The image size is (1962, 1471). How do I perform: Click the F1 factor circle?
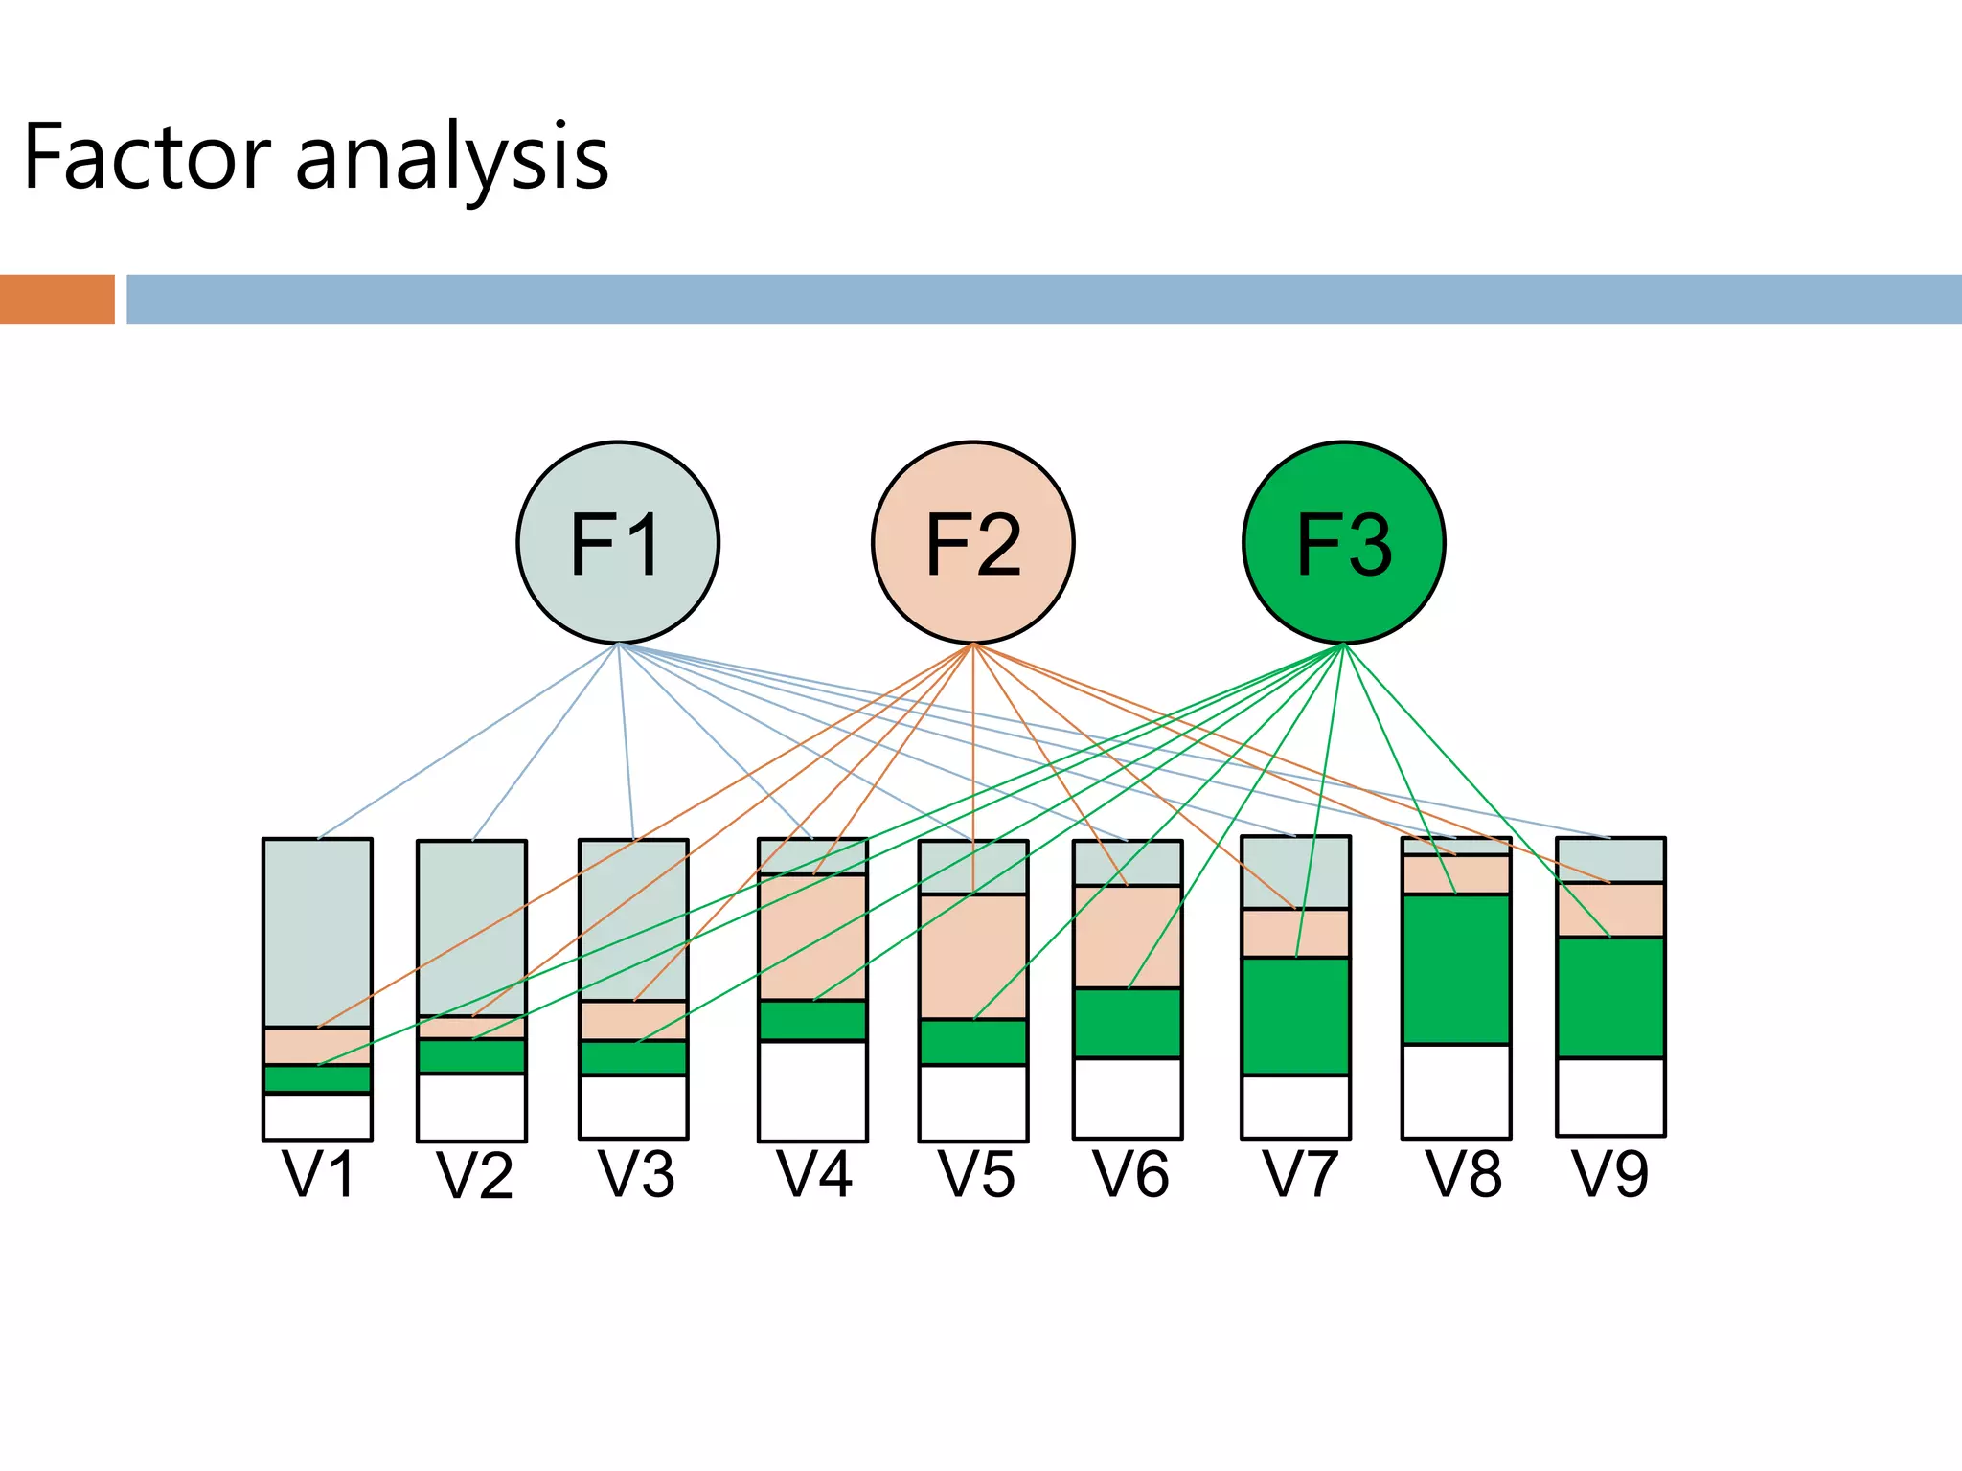point(618,542)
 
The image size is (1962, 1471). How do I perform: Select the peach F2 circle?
point(972,542)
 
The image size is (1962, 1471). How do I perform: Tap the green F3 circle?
point(1343,542)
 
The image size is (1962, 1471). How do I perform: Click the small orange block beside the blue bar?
point(57,299)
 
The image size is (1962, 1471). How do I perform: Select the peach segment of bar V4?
point(812,938)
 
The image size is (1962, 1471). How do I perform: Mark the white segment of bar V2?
point(471,1106)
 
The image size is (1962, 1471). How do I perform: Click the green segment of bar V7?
point(1295,1016)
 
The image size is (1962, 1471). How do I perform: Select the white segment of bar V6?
point(1127,1098)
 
